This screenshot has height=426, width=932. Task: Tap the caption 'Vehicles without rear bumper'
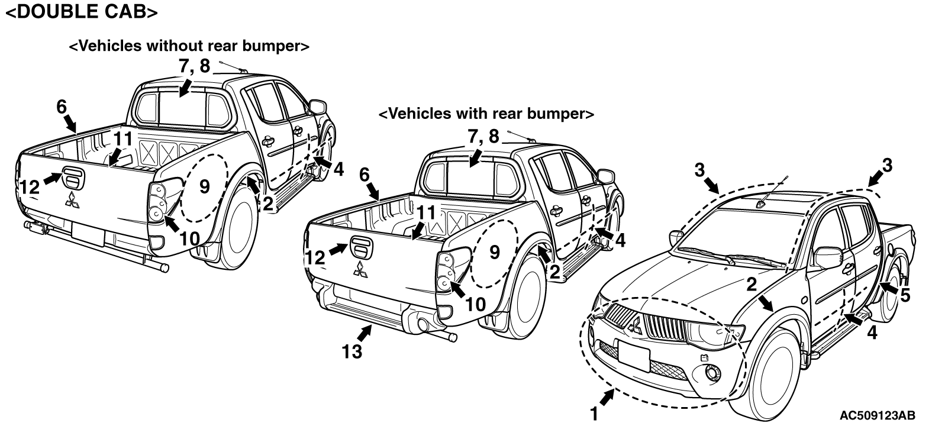point(189,46)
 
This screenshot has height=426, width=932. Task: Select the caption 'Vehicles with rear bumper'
point(486,113)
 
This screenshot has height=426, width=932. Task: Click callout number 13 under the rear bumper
point(351,351)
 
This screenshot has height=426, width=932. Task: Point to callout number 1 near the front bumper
point(594,414)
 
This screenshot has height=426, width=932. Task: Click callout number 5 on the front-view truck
point(905,295)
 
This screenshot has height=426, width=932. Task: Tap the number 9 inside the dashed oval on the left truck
point(205,186)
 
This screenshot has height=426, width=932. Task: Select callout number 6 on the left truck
point(62,107)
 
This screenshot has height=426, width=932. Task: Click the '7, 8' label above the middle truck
point(483,136)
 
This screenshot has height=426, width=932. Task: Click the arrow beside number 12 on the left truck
point(53,179)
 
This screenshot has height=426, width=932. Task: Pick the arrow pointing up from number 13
point(365,333)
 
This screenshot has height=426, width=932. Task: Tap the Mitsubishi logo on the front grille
point(635,324)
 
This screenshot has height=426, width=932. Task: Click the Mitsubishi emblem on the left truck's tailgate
point(72,201)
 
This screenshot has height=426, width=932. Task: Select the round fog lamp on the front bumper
point(712,373)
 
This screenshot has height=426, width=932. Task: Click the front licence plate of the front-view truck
point(634,356)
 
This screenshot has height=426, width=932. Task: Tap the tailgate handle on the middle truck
point(361,247)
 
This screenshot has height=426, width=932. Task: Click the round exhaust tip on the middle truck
point(423,325)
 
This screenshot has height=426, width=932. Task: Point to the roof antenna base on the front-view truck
point(760,204)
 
